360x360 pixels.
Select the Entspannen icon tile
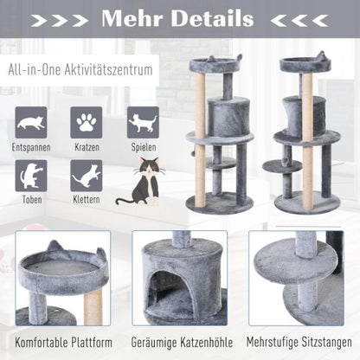coord(30,123)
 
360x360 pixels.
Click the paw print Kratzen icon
coord(87,123)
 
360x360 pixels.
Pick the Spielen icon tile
coord(143,123)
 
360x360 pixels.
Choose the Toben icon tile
coord(30,177)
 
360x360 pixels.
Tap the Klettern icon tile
coord(87,177)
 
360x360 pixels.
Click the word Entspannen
coord(31,148)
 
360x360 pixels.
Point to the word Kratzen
coord(87,148)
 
